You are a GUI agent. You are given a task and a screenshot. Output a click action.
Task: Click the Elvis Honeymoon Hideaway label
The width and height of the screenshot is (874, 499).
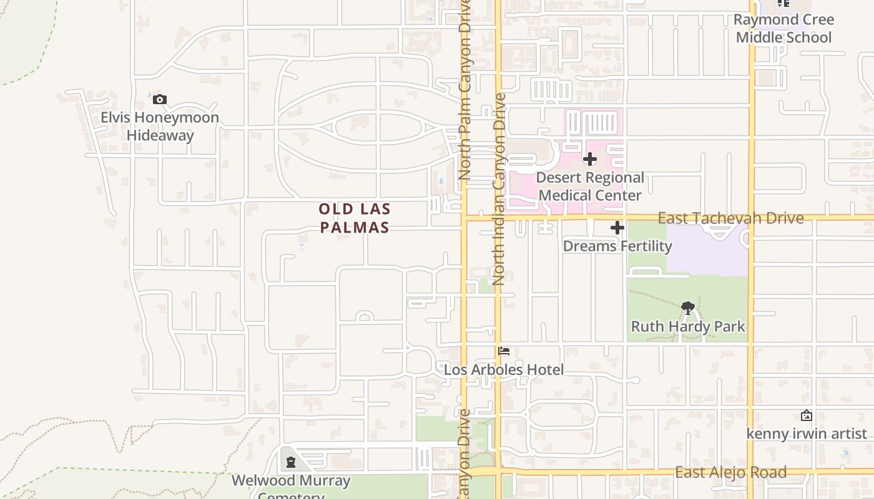pyautogui.click(x=160, y=126)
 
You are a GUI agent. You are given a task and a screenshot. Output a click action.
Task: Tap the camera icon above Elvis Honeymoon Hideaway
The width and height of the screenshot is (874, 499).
pyautogui.click(x=160, y=99)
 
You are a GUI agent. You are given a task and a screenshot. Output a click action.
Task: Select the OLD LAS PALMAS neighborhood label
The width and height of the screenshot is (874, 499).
pyautogui.click(x=355, y=218)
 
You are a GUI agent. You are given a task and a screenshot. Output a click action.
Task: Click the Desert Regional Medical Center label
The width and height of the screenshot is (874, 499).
pyautogui.click(x=590, y=186)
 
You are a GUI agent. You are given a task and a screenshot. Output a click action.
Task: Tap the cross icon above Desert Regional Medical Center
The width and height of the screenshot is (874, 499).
pyautogui.click(x=590, y=159)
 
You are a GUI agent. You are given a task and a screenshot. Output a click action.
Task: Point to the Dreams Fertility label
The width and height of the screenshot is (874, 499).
pyautogui.click(x=617, y=246)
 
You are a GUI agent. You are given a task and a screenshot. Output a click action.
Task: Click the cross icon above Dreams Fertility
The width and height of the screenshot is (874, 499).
pyautogui.click(x=617, y=228)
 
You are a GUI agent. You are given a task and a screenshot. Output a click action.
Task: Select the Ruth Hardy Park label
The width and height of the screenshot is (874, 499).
pyautogui.click(x=688, y=326)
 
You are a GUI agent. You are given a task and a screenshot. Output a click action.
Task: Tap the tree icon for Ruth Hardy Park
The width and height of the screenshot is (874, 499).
pyautogui.click(x=688, y=307)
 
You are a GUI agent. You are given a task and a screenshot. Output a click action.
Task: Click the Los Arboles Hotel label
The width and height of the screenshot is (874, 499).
pyautogui.click(x=504, y=369)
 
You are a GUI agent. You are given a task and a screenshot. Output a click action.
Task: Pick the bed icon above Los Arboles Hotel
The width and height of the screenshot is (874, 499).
pyautogui.click(x=504, y=351)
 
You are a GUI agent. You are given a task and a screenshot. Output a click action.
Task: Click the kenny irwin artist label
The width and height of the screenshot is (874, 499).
pyautogui.click(x=807, y=433)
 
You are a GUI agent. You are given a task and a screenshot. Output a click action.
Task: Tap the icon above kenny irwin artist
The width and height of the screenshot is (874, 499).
pyautogui.click(x=807, y=415)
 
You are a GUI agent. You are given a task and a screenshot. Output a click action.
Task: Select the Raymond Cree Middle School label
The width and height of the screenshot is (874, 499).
pyautogui.click(x=783, y=28)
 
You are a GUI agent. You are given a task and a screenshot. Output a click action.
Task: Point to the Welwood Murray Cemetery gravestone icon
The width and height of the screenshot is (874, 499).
pyautogui.click(x=290, y=462)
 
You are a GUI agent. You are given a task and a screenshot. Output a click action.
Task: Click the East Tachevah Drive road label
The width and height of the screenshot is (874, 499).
pyautogui.click(x=730, y=218)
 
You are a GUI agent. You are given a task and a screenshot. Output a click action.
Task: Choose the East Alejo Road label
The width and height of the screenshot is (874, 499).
pyautogui.click(x=730, y=472)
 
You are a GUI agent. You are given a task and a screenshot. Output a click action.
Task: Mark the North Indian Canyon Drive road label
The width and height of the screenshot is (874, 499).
pyautogui.click(x=499, y=188)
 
